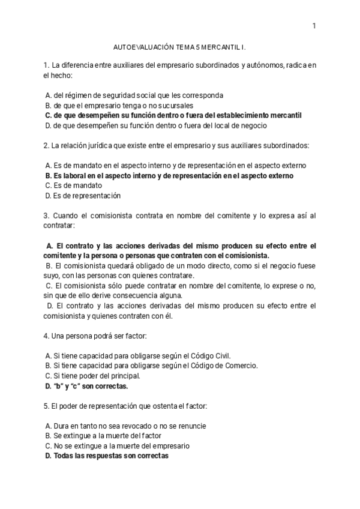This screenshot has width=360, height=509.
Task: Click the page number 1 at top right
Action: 314,25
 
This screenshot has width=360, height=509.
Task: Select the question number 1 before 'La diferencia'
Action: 46,65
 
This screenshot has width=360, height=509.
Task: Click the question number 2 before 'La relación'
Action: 46,145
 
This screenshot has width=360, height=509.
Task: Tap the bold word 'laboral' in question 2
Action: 74,176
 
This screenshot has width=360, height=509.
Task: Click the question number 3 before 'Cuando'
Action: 46,215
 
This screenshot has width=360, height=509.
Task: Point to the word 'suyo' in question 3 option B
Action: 52,275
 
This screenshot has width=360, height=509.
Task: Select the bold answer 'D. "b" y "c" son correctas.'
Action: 86,386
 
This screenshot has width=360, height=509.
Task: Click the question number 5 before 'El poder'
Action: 46,406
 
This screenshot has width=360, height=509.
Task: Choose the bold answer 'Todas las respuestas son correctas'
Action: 111,456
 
